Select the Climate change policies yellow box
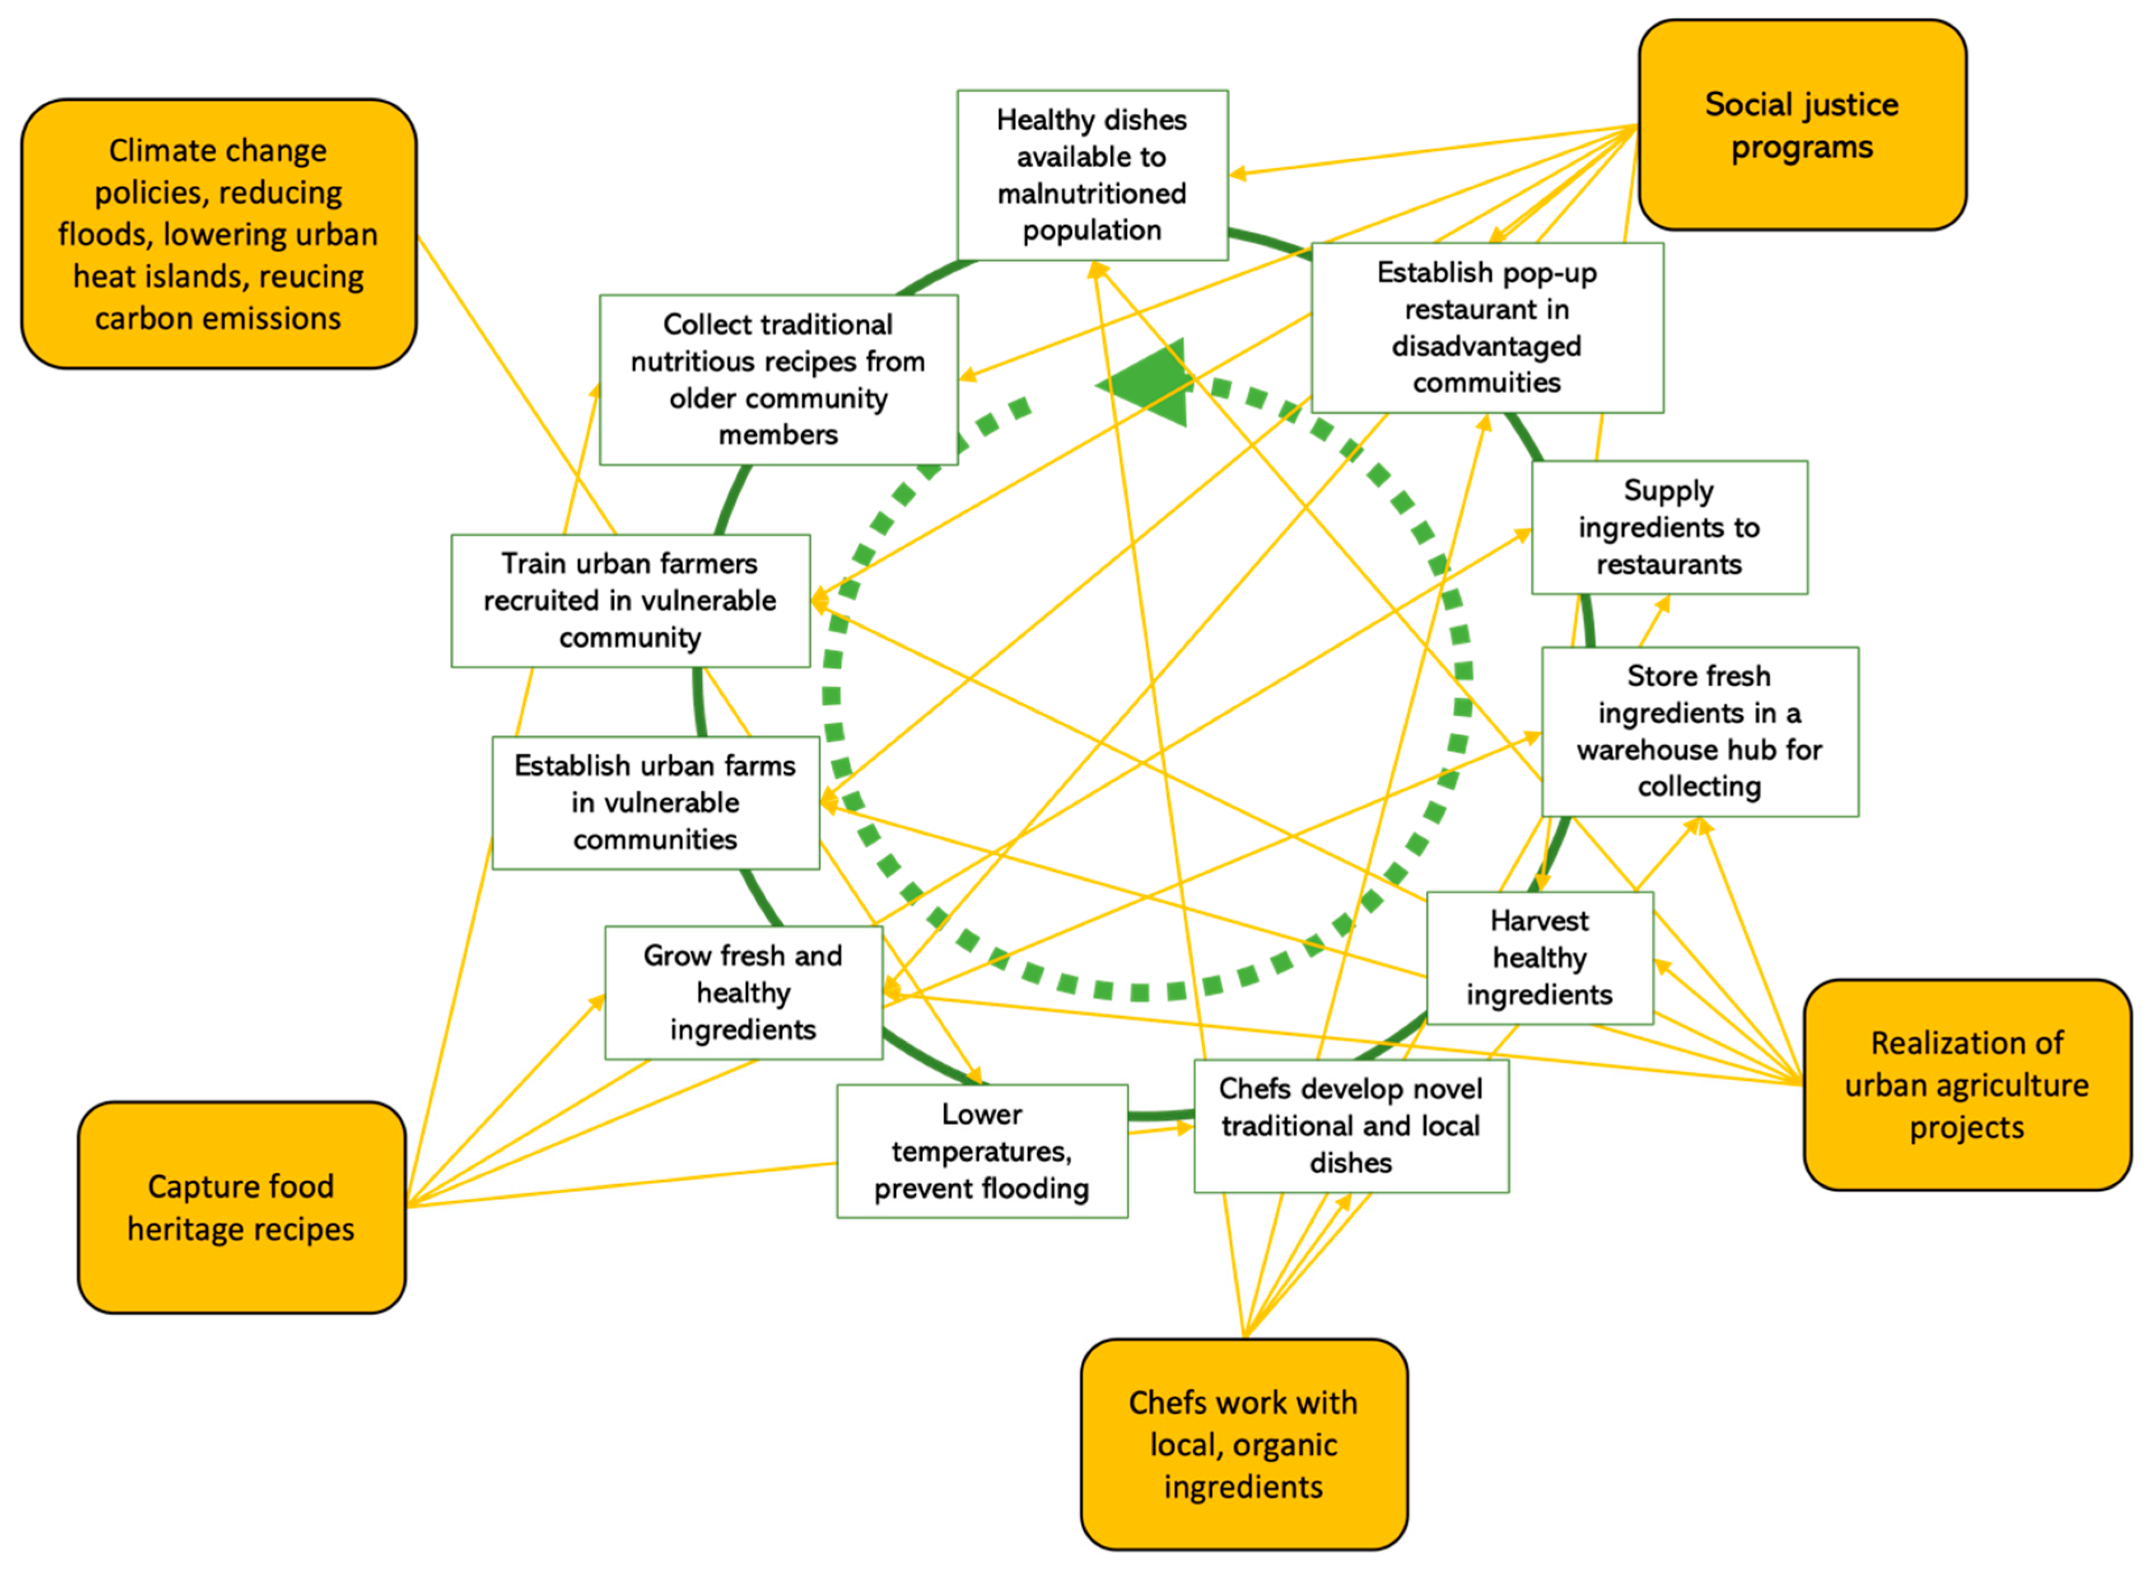point(218,234)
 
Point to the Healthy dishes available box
point(1092,175)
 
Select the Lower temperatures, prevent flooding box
point(981,1151)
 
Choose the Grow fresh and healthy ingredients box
point(743,992)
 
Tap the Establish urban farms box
point(655,802)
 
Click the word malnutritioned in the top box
point(1092,194)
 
